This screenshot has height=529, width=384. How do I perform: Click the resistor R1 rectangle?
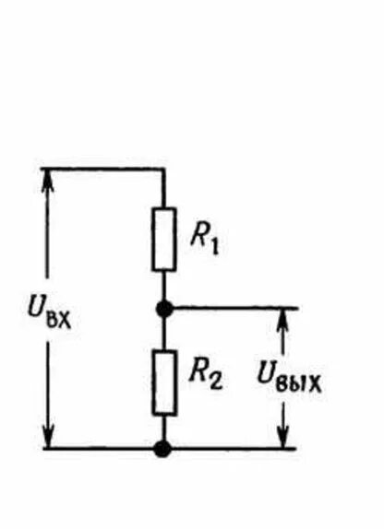click(x=164, y=240)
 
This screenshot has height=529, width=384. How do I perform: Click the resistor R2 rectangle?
click(x=164, y=382)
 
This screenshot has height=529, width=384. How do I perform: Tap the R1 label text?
click(x=205, y=241)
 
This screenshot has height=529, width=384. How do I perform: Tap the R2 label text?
click(x=206, y=374)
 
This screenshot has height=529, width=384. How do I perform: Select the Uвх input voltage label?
click(x=50, y=313)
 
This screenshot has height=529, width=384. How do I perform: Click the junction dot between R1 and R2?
click(x=164, y=309)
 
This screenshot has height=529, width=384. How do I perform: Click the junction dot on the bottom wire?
click(x=162, y=449)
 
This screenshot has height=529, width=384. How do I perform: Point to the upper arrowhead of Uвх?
click(x=47, y=179)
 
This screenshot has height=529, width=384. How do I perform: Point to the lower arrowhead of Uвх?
click(x=48, y=437)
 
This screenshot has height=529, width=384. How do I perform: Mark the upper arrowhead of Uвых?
click(x=283, y=319)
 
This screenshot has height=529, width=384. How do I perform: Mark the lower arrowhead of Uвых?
click(x=284, y=437)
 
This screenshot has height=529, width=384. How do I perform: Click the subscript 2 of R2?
click(x=216, y=381)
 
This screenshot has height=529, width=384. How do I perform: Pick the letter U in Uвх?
click(x=36, y=308)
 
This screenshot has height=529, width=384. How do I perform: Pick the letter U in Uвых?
click(x=266, y=373)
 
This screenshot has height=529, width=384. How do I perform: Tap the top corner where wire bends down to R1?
click(x=163, y=168)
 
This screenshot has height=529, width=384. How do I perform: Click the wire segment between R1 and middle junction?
click(x=164, y=286)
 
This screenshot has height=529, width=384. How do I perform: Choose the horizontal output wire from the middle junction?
click(x=235, y=308)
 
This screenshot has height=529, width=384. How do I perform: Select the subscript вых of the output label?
click(x=298, y=384)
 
